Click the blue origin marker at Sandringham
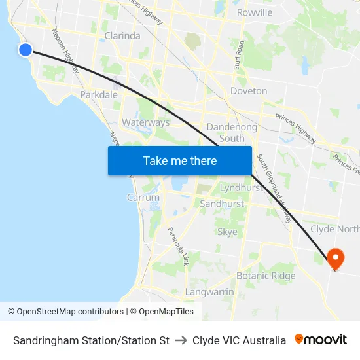pyautogui.click(x=26, y=49)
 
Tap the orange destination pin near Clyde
pyautogui.click(x=335, y=258)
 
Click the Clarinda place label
pyautogui.click(x=122, y=36)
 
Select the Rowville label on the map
pyautogui.click(x=255, y=12)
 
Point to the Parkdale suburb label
pyautogui.click(x=99, y=95)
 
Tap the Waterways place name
pyautogui.click(x=145, y=122)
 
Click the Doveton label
pyautogui.click(x=249, y=91)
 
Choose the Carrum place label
pyautogui.click(x=143, y=197)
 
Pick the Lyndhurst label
pyautogui.click(x=241, y=187)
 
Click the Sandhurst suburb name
pyautogui.click(x=222, y=204)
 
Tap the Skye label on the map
pyautogui.click(x=227, y=232)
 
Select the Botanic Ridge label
pyautogui.click(x=266, y=276)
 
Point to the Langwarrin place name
pyautogui.click(x=209, y=291)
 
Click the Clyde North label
pyautogui.click(x=334, y=229)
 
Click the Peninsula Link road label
pyautogui.click(x=177, y=246)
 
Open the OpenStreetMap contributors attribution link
pyautogui.click(x=70, y=312)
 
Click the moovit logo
pyautogui.click(x=320, y=340)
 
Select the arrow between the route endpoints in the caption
pyautogui.click(x=181, y=340)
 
